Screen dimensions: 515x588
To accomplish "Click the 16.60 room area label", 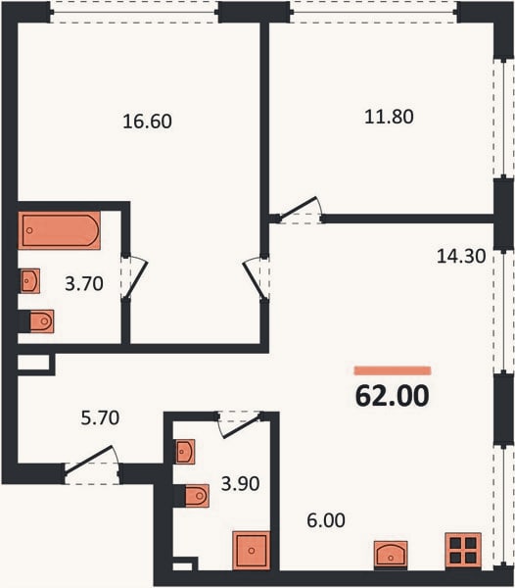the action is click(x=147, y=122).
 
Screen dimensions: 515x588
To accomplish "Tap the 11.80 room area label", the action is click(x=389, y=117).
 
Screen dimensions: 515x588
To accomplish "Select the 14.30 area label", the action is click(x=461, y=256).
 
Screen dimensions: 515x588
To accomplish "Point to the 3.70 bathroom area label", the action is click(x=84, y=283).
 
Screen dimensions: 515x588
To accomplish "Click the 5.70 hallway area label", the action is click(x=100, y=417).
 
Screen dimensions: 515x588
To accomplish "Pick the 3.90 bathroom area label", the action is click(x=240, y=484).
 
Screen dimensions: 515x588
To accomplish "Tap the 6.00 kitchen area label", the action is click(x=326, y=520).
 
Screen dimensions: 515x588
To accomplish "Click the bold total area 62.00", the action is click(x=392, y=396).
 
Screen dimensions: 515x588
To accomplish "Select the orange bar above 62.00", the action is click(x=393, y=370).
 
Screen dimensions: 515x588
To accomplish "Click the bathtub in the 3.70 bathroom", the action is click(x=59, y=230).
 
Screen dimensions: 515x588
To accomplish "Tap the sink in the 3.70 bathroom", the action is click(x=30, y=280).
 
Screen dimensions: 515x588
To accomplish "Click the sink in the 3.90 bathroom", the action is click(x=185, y=452).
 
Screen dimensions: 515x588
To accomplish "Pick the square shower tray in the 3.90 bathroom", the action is click(x=252, y=551).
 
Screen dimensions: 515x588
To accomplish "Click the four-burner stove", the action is click(x=463, y=551).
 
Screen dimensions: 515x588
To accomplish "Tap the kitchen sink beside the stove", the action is click(x=391, y=554).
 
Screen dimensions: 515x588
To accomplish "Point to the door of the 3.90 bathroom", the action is click(x=240, y=424).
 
